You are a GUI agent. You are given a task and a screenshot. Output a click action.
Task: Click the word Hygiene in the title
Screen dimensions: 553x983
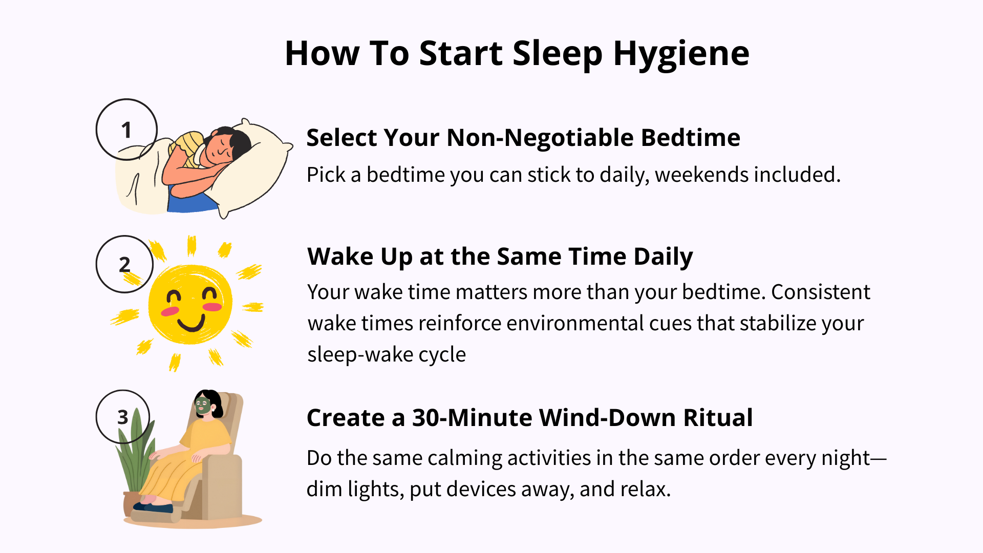click(x=681, y=54)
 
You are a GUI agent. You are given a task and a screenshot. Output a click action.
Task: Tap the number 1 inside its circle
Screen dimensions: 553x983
click(x=126, y=130)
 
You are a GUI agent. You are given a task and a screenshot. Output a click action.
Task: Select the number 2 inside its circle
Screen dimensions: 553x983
click(x=124, y=265)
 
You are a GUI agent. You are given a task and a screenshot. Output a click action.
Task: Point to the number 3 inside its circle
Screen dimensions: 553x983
click(x=123, y=417)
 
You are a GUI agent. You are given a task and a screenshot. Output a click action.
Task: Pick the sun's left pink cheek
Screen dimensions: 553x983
click(x=170, y=311)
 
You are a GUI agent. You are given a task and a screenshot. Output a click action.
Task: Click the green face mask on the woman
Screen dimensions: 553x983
click(x=203, y=406)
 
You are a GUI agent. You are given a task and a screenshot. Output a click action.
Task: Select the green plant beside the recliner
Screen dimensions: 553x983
click(x=134, y=456)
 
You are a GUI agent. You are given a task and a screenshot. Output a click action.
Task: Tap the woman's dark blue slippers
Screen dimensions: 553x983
click(x=153, y=507)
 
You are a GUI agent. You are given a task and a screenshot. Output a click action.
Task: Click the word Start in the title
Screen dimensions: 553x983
click(x=461, y=54)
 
